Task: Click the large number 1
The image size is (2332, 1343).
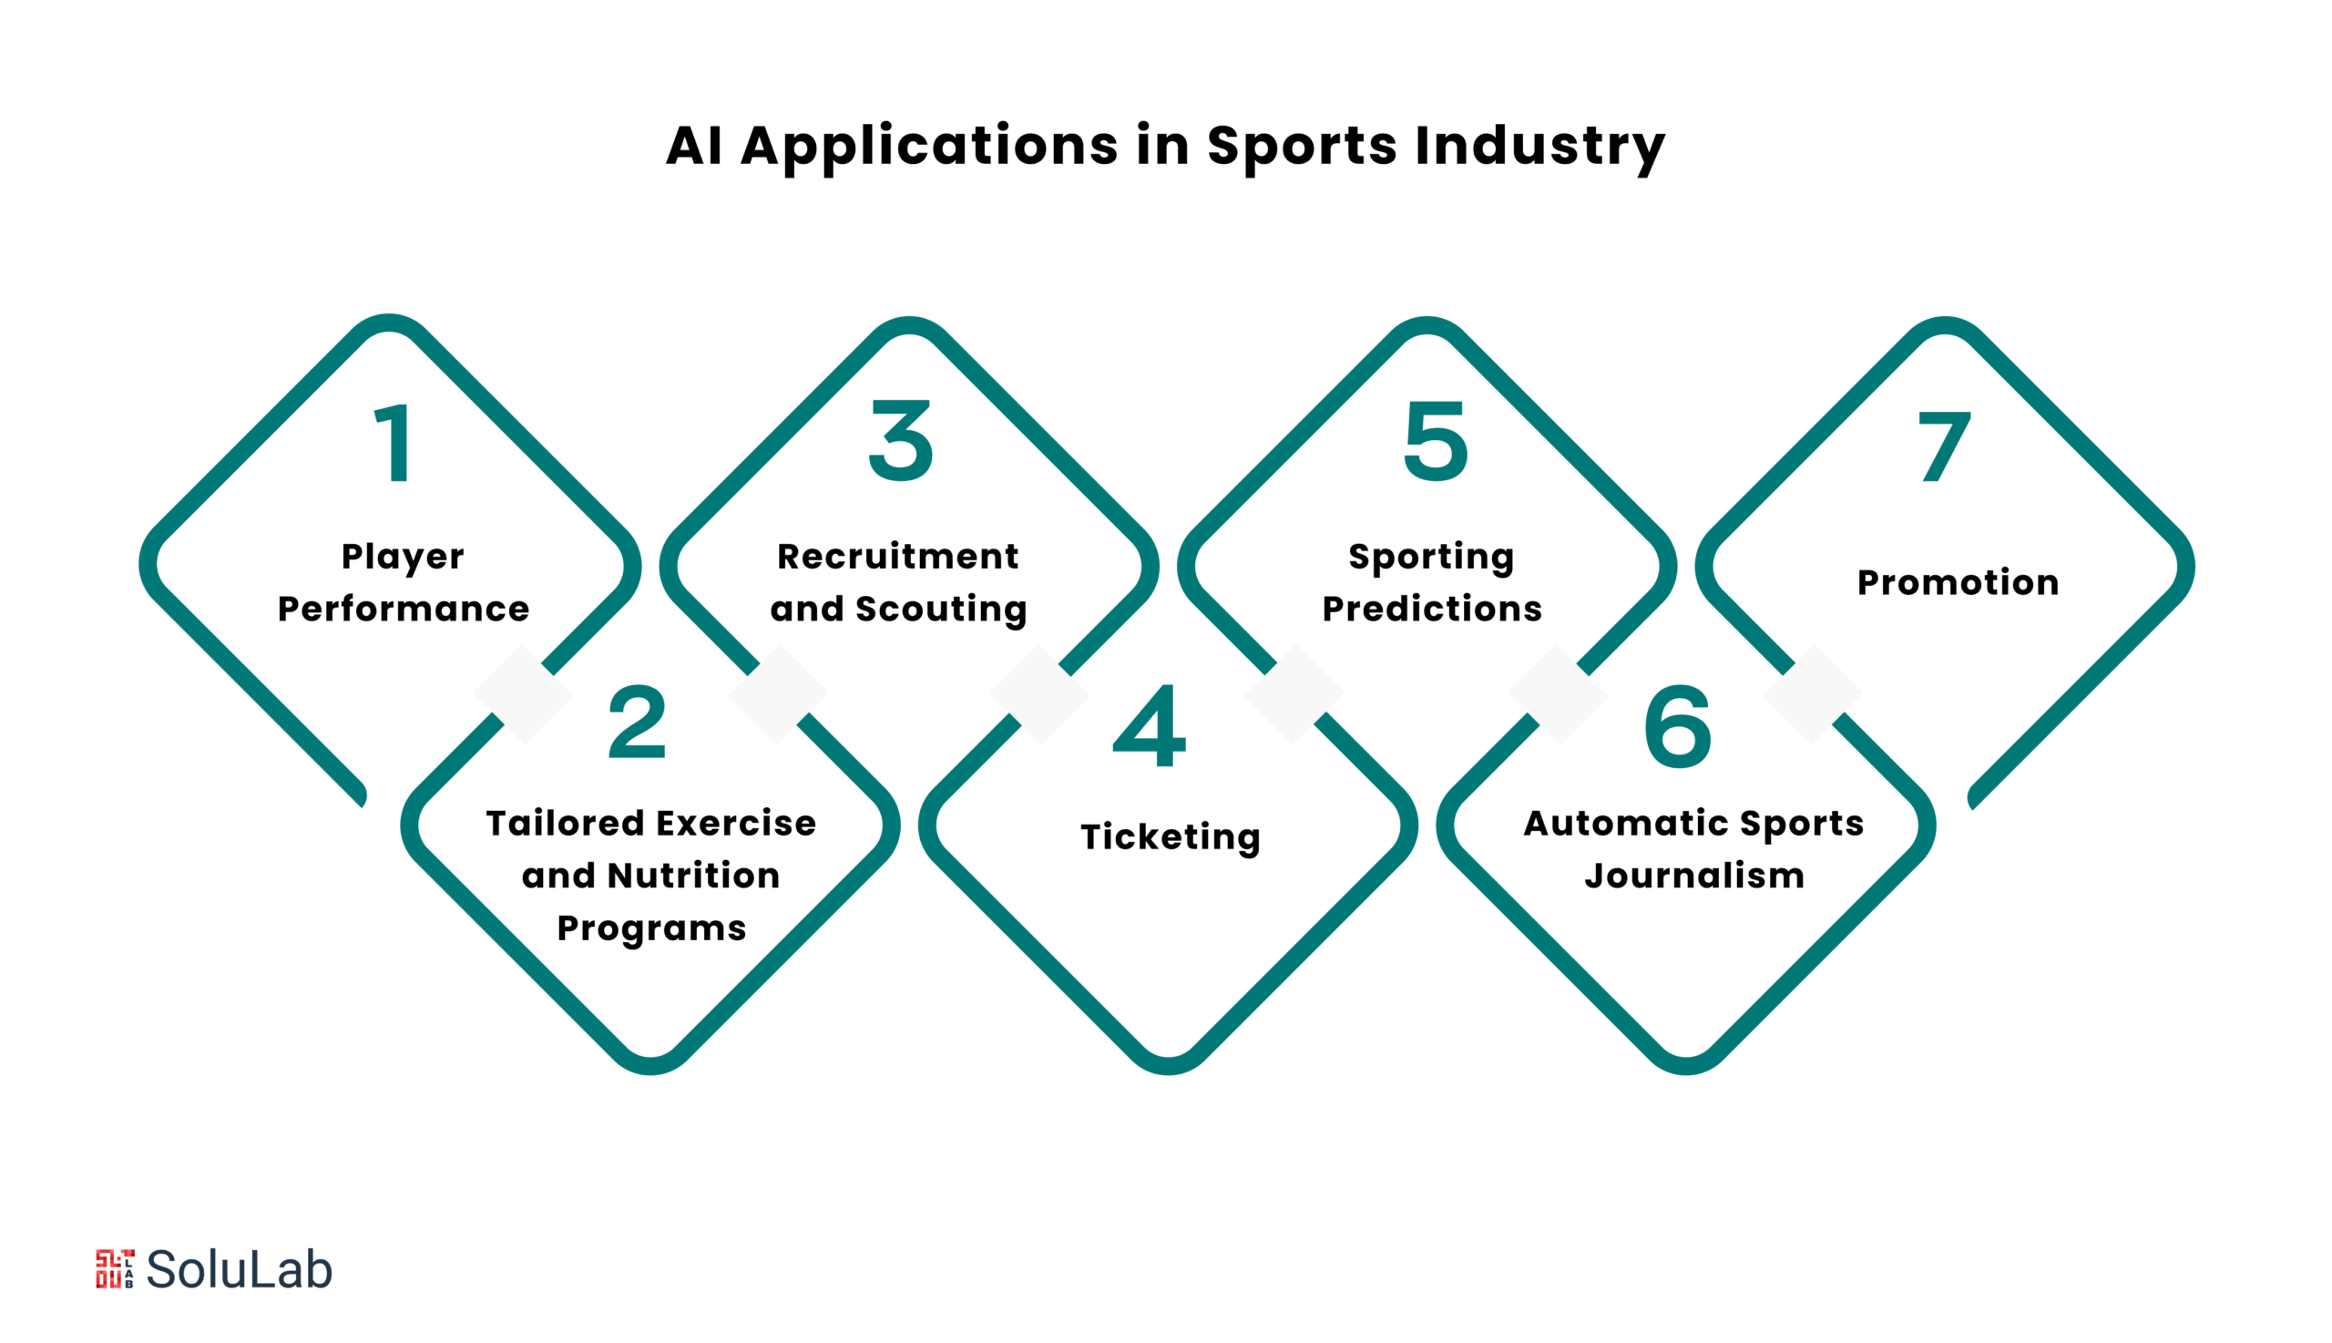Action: coord(394,443)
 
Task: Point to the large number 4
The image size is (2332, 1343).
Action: coord(1149,725)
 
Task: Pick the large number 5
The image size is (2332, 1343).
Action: coord(1435,442)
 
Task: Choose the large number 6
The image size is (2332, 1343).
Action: coord(1677,726)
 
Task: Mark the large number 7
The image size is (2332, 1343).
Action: coord(1944,446)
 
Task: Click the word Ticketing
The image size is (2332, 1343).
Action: coord(1171,836)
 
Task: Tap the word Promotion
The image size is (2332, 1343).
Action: coord(1958,582)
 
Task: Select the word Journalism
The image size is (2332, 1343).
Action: coord(1695,875)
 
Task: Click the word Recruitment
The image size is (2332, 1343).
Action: coord(898,556)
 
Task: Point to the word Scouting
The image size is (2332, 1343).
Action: coord(942,610)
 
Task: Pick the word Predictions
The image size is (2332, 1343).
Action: coord(1432,609)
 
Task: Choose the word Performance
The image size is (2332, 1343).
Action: coord(404,609)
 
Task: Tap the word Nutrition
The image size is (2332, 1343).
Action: coord(693,876)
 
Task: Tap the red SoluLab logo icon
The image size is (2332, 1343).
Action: coord(115,1269)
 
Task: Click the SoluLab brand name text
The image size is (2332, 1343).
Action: coord(240,1269)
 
